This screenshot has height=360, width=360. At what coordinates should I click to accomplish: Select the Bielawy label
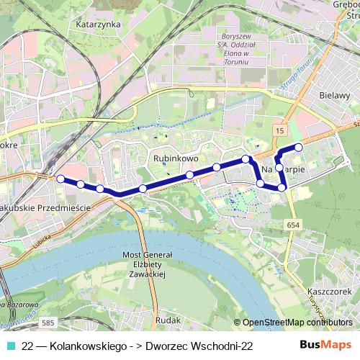point(333,94)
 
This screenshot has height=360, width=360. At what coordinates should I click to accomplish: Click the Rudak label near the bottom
point(168,319)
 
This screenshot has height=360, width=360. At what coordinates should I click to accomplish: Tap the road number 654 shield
point(292,225)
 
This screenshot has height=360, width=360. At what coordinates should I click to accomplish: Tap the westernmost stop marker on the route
point(60,178)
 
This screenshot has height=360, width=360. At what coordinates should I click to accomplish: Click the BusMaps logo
point(326,346)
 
